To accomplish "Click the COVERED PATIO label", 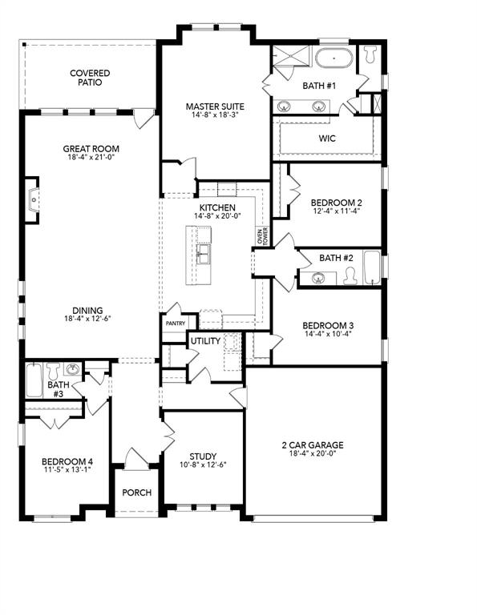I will click(90, 78).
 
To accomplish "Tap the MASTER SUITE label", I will click(215, 107).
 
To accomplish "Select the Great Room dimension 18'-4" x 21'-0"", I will click(91, 158).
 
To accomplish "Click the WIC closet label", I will click(326, 139).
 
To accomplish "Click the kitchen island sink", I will click(204, 255).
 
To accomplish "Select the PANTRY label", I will click(175, 324).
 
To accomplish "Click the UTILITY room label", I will click(204, 341).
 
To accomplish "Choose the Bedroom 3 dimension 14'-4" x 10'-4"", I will click(327, 336).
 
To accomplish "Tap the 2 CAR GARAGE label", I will click(313, 444).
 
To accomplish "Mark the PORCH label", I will click(136, 492).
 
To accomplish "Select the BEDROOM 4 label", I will click(67, 460).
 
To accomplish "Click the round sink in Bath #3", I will click(73, 369).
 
